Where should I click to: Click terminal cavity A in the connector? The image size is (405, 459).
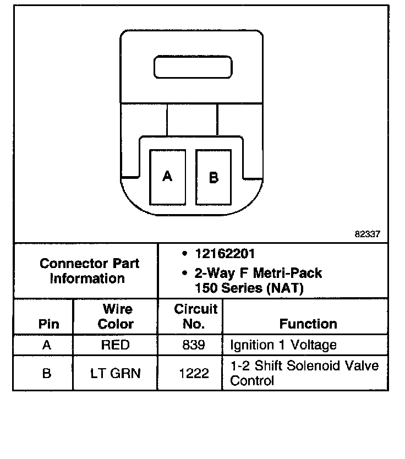(x=167, y=177)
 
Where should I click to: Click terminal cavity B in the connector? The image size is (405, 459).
(x=214, y=177)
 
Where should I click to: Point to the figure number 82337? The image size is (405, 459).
(x=367, y=234)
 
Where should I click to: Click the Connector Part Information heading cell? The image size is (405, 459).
(x=89, y=271)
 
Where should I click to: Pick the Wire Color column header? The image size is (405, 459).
(x=116, y=316)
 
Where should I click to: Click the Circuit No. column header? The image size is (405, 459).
(x=195, y=316)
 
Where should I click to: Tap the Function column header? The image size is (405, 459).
(x=308, y=324)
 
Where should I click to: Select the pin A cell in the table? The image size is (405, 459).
(x=47, y=345)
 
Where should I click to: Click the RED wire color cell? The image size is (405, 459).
(x=116, y=345)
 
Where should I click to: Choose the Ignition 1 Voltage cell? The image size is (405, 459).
(x=283, y=345)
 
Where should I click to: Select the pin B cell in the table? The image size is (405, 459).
(x=47, y=373)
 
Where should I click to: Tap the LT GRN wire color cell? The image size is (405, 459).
(x=116, y=373)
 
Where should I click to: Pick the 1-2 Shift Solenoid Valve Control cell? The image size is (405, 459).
(x=304, y=373)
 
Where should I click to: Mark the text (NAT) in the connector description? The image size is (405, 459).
(x=284, y=287)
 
